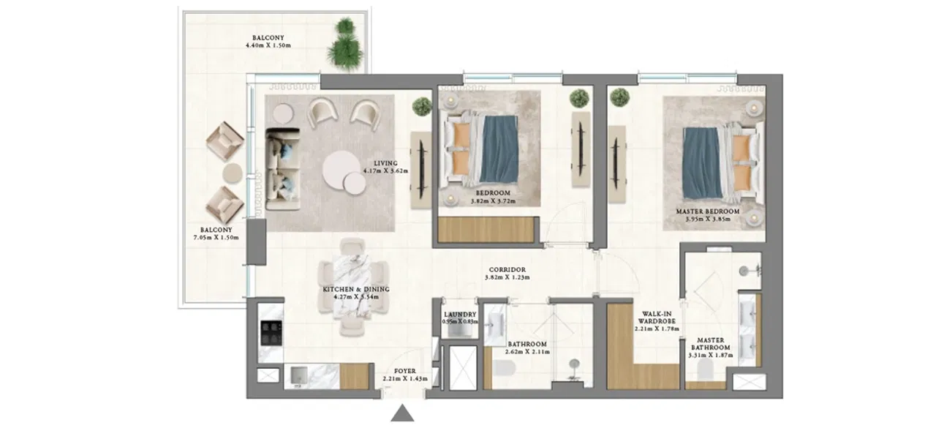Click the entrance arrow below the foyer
[402, 414]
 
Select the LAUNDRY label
[459, 315]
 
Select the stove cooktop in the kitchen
[271, 334]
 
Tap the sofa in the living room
[282, 168]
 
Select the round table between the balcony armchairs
[233, 173]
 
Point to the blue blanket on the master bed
[699, 161]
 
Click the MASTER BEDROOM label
[707, 211]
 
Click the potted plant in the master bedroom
[620, 97]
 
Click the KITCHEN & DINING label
[356, 290]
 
